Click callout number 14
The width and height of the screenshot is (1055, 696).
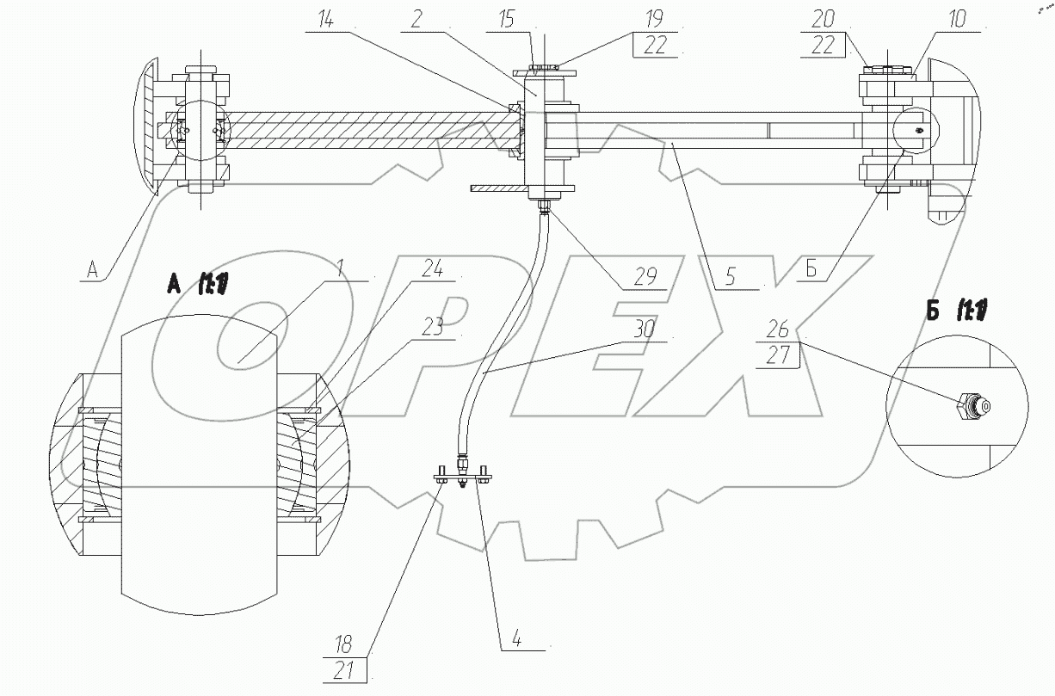pyautogui.click(x=326, y=19)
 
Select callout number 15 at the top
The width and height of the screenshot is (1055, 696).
pyautogui.click(x=506, y=20)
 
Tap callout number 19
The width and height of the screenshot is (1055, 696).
pyautogui.click(x=655, y=19)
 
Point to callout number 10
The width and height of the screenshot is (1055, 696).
pyautogui.click(x=956, y=19)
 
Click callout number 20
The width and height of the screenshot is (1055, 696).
pyautogui.click(x=823, y=19)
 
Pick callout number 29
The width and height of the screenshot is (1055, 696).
pyautogui.click(x=645, y=276)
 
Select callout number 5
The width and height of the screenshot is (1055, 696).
pyautogui.click(x=730, y=277)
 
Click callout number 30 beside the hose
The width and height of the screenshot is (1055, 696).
pyautogui.click(x=644, y=330)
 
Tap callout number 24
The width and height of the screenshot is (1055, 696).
pyautogui.click(x=432, y=269)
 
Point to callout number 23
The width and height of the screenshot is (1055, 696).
pyautogui.click(x=432, y=328)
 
